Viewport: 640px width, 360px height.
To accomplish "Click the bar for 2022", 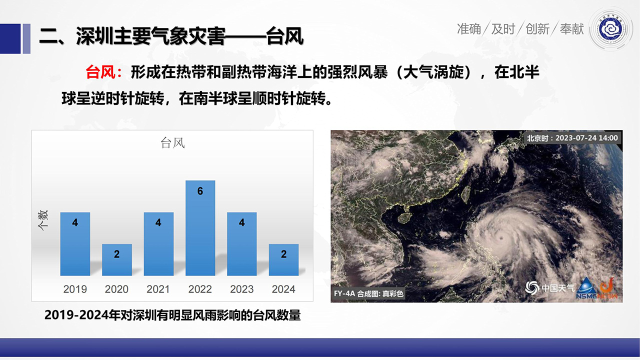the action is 200,228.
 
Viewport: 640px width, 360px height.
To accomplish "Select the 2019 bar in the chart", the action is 75,244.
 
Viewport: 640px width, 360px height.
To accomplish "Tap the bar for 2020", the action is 117,259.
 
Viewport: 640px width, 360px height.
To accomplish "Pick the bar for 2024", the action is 283,259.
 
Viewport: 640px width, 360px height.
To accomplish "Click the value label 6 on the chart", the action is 200,191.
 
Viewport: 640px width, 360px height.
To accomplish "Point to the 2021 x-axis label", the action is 158,289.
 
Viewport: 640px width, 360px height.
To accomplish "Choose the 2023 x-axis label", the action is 241,289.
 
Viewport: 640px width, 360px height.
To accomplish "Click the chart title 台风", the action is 172,143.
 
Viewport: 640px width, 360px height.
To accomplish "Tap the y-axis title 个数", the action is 43,220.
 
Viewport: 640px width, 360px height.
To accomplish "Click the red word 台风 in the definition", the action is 100,72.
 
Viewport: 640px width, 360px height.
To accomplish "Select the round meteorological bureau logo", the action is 610,29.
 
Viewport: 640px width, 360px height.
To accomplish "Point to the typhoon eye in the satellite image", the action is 500,238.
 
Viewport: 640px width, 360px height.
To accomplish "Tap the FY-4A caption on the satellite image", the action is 369,293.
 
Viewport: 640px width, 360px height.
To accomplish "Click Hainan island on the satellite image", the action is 404,217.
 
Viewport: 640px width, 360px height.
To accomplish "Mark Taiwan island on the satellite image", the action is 466,194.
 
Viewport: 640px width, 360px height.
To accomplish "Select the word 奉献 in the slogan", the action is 571,29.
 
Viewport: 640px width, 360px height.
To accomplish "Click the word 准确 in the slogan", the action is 469,29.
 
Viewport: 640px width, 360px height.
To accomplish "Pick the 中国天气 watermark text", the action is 557,287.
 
